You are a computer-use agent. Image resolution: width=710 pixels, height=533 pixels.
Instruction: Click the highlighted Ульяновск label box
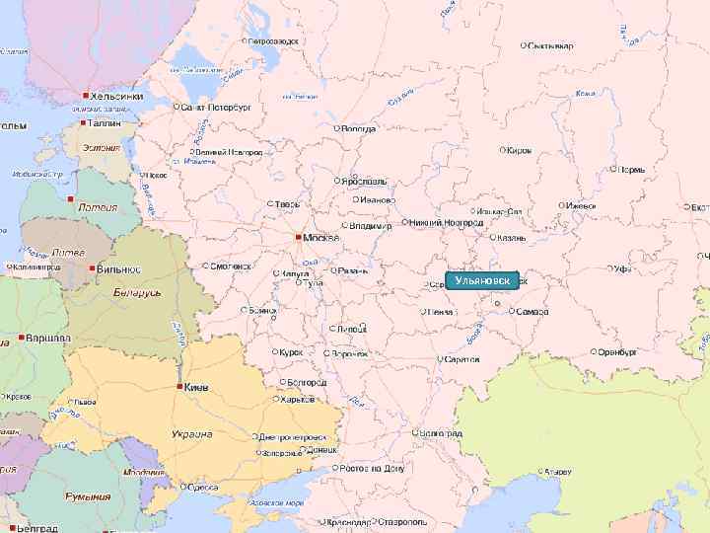(482, 281)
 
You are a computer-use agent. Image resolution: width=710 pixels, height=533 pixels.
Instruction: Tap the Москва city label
(321, 238)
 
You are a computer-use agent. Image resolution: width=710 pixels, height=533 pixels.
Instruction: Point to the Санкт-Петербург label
(215, 106)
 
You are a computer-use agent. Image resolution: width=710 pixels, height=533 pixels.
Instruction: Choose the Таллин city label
(105, 125)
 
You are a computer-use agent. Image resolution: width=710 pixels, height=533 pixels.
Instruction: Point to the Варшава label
(48, 338)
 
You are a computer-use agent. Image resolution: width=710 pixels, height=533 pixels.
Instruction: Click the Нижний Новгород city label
(446, 223)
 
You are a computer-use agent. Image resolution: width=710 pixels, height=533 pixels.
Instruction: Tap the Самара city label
(532, 312)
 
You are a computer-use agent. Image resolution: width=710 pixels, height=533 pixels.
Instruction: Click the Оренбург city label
(616, 351)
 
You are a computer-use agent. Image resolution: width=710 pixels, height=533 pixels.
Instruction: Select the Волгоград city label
(440, 433)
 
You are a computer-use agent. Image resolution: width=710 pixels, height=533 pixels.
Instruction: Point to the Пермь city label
(632, 170)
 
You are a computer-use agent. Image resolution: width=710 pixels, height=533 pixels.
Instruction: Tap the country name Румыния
(89, 496)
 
